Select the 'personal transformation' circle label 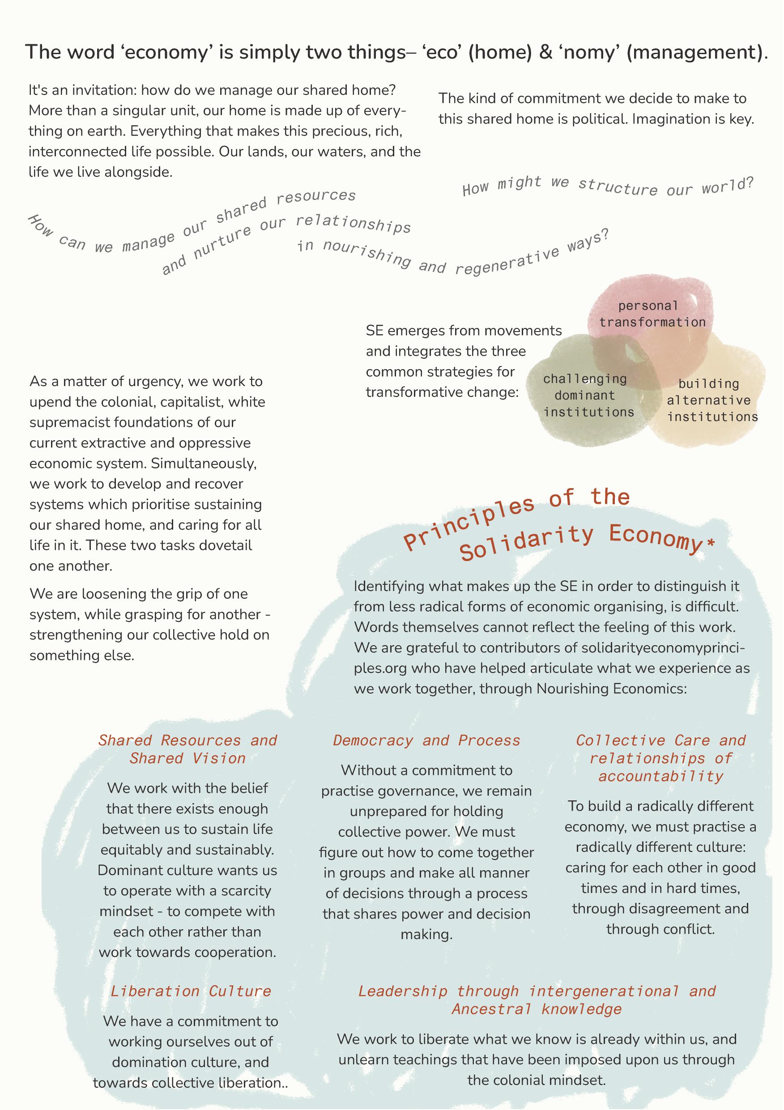coord(652,314)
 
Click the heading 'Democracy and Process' coord(426,740)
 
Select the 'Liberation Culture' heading coord(191,991)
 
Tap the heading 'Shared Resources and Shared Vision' coord(187,749)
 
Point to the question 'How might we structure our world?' coord(608,187)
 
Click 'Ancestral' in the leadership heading coord(491,1009)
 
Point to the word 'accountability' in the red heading coord(660,776)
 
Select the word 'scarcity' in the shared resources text coord(245,890)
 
